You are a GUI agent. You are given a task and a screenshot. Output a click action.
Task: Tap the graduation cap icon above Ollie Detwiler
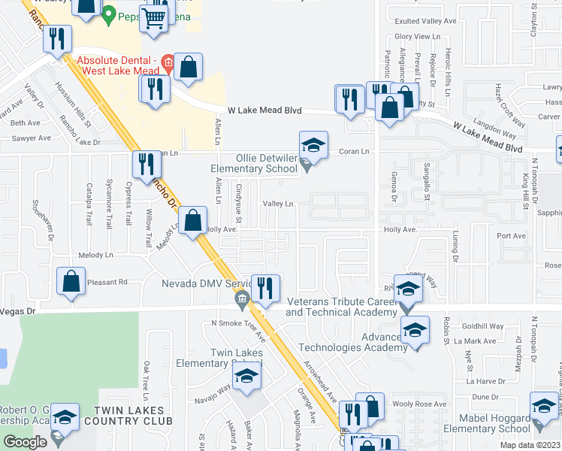pyautogui.click(x=313, y=143)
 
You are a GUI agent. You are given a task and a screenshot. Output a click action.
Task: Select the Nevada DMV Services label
pyautogui.click(x=205, y=284)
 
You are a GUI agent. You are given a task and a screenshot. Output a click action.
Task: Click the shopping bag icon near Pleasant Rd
pyautogui.click(x=71, y=282)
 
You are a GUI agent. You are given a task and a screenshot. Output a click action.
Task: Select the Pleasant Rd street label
pyautogui.click(x=108, y=282)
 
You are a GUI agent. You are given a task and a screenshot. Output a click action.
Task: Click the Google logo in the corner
pyautogui.click(x=25, y=442)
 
